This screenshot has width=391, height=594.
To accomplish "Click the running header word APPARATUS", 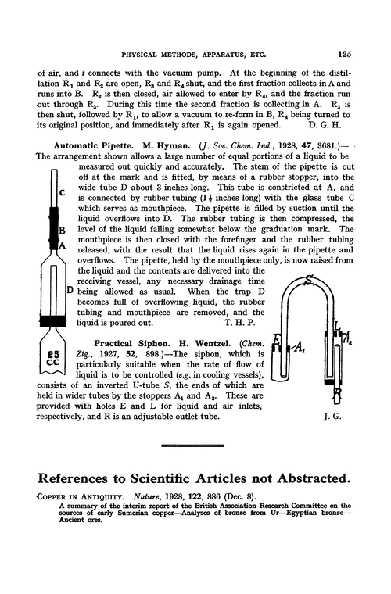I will click(x=221, y=53).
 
